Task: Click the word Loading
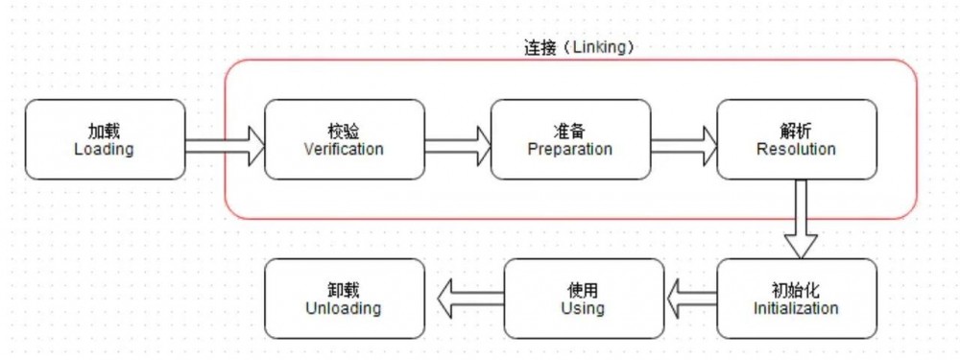104,150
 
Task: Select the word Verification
344,150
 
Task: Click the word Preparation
570,150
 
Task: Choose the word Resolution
796,150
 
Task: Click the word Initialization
796,308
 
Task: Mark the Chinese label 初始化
796,290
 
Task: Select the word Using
583,308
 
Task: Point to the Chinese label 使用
583,290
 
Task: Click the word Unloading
344,308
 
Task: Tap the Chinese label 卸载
344,290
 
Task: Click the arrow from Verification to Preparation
458,146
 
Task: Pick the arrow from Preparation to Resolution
684,146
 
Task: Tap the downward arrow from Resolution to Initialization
801,220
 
